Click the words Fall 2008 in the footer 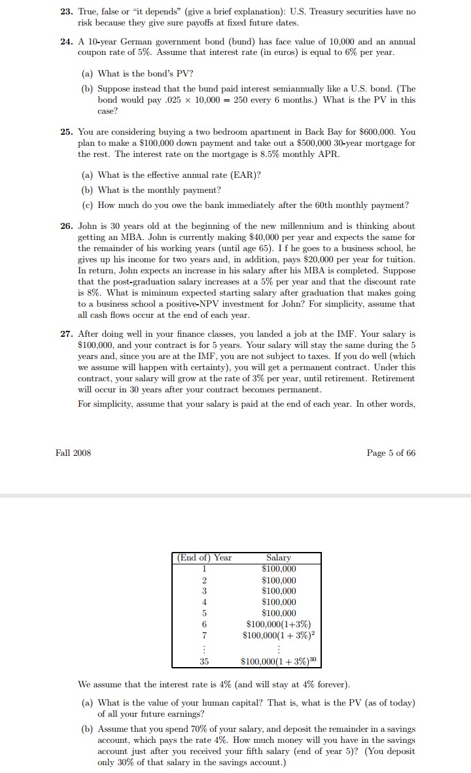click(73, 453)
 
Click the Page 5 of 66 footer click(391, 453)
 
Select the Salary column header click(279, 558)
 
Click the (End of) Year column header click(205, 558)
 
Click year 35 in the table click(205, 662)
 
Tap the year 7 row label click(205, 635)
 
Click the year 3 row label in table click(205, 591)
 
